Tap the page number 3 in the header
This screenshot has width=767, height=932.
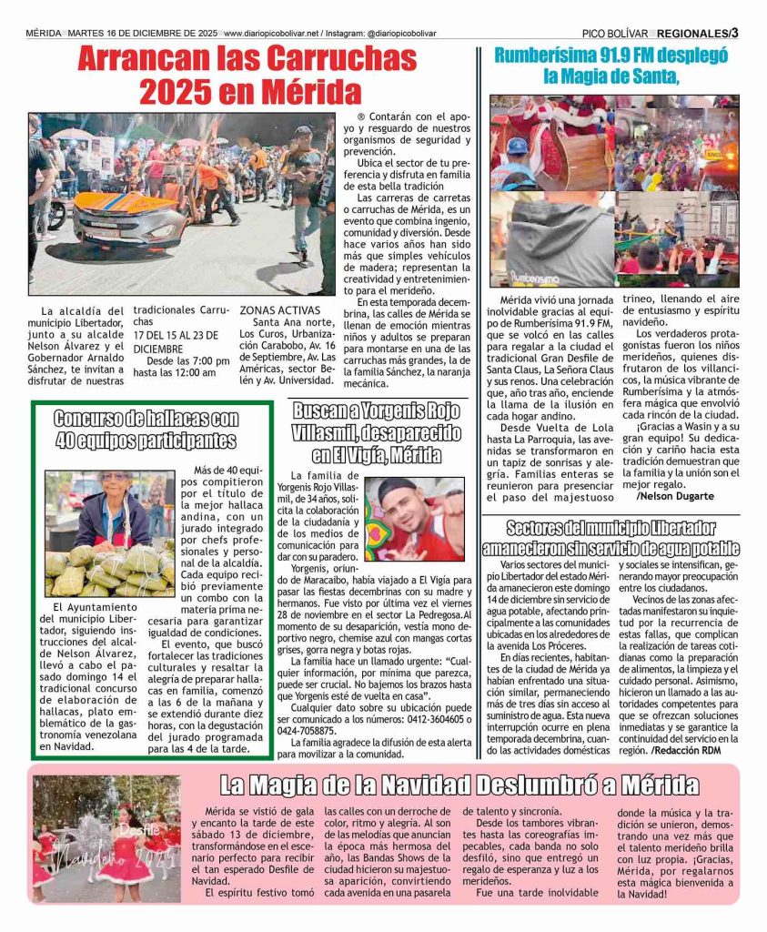(733, 33)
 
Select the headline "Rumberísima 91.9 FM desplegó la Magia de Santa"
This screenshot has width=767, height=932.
(611, 66)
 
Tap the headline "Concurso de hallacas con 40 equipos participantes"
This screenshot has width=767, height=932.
(146, 430)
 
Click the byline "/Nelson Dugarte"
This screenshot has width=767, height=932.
(675, 496)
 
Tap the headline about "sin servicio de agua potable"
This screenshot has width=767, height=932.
(611, 538)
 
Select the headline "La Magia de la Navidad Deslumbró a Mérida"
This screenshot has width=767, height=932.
(459, 785)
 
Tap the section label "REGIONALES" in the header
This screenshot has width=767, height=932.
(692, 33)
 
